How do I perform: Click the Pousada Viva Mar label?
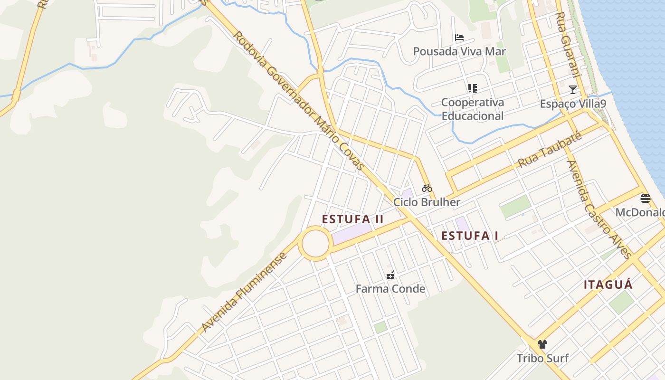coord(459,51)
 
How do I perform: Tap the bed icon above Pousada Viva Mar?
coord(459,38)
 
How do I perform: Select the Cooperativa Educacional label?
coord(472,109)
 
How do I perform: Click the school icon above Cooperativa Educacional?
coord(472,88)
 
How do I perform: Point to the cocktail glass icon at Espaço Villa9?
coord(573,89)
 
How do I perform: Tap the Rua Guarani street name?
coord(568,45)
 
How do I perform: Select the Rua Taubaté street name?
coord(550,150)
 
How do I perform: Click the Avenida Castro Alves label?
coord(599,209)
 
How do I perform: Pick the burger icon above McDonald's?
coord(645,198)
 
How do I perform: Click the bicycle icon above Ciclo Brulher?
coord(427,188)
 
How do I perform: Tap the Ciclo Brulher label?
coord(427,202)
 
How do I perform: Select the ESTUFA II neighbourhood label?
coord(352,219)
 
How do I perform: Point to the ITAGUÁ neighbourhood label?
coord(608,285)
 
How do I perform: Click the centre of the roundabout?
coord(315,244)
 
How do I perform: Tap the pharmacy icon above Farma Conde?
coord(390,275)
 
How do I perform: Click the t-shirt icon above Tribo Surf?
coord(542,344)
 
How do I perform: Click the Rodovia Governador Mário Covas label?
coord(298,101)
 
